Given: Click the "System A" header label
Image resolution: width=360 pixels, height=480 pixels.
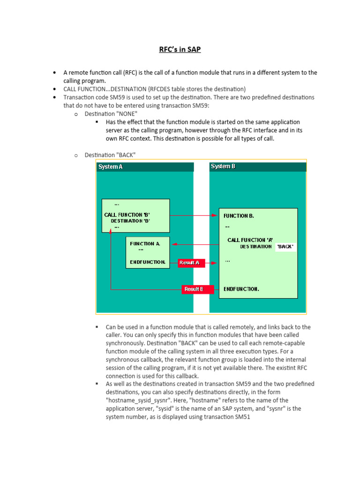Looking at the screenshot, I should [110, 167].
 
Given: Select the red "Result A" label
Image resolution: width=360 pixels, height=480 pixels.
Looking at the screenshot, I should [189, 263].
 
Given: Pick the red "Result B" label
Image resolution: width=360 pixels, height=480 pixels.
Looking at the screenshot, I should [194, 289].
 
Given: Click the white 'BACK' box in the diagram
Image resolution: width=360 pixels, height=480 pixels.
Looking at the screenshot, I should [285, 246].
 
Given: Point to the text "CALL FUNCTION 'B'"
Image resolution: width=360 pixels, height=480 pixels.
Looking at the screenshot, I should [127, 215].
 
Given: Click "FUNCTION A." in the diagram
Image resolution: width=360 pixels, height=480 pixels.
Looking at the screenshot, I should [145, 244].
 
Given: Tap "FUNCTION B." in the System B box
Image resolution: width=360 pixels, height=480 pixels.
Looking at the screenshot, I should [239, 216].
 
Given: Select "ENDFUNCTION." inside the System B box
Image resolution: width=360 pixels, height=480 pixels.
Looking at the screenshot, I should [241, 289].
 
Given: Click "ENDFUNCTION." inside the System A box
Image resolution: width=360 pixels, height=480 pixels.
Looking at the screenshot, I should [148, 262].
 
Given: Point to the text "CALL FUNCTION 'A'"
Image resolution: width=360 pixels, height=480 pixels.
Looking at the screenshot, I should [250, 240].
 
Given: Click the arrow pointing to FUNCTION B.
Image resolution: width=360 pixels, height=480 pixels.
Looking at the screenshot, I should [214, 216].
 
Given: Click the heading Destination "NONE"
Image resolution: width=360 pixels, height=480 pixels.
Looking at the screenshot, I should [111, 114].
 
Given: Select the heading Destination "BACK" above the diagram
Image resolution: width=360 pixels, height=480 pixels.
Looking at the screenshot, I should [110, 155].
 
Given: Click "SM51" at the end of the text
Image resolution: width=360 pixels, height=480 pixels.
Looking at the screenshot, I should [243, 416].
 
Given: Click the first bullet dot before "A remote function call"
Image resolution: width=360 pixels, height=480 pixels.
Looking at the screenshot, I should [54, 73].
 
